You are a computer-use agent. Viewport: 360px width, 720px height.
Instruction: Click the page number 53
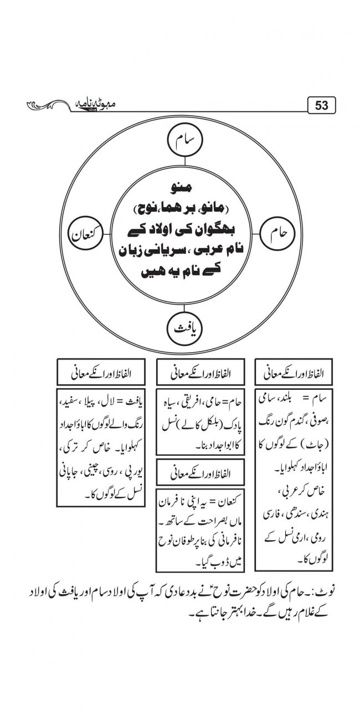coord(322,104)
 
